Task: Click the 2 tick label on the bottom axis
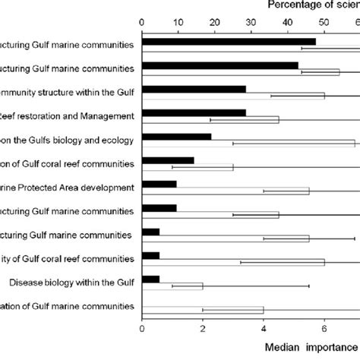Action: pos(203,329)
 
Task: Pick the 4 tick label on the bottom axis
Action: pos(264,329)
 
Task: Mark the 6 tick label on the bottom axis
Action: pos(324,329)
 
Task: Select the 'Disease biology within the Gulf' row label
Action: pos(72,283)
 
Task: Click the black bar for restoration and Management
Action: pos(194,113)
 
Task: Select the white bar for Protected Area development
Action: pos(226,191)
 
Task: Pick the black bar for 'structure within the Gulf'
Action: pos(194,89)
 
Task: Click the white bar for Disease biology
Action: pos(172,286)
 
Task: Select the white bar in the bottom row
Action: pos(203,310)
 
